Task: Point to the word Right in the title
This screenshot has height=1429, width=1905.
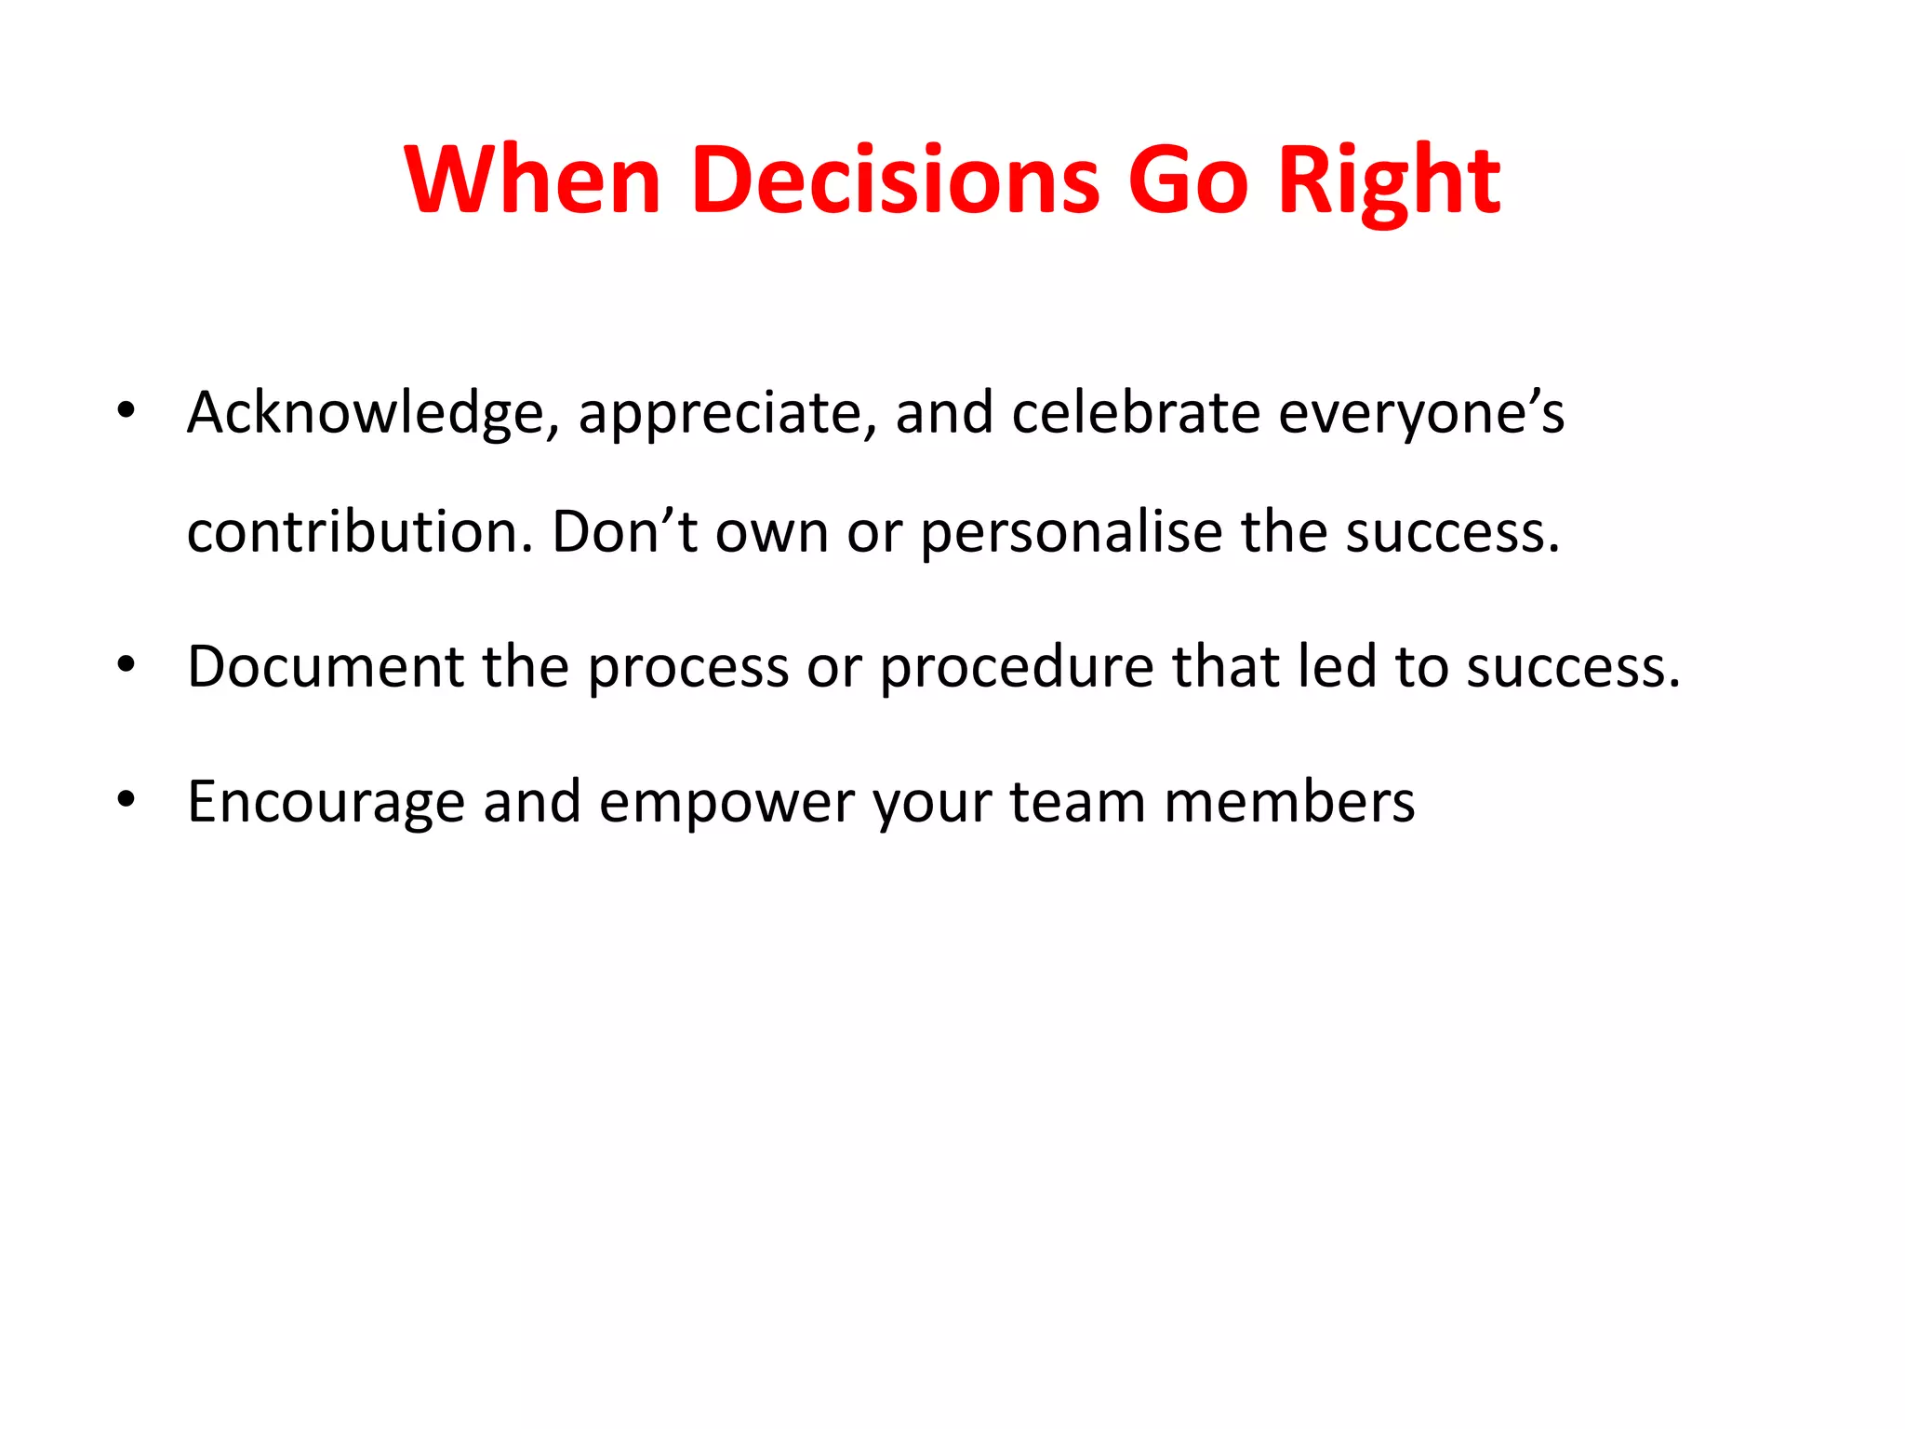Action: coord(1389,182)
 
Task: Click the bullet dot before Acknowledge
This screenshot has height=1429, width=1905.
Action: coord(127,409)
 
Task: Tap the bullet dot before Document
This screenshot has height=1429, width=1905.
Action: coord(127,664)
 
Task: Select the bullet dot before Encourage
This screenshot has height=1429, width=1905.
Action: coord(127,799)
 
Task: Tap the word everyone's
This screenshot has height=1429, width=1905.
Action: coord(1421,413)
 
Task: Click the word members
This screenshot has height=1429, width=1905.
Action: coord(1289,802)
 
